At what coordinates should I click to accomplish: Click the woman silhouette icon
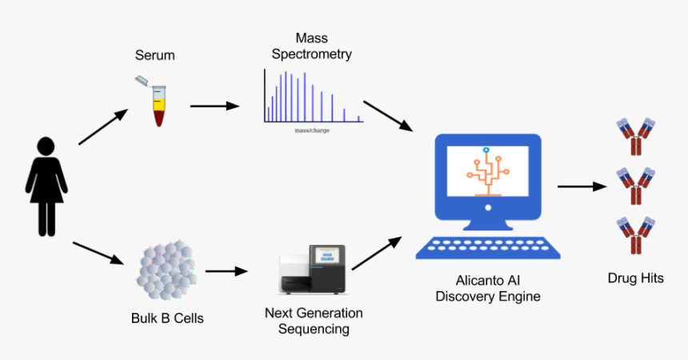[46, 186]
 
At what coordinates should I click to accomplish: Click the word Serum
[154, 55]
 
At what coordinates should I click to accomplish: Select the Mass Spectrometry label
[311, 46]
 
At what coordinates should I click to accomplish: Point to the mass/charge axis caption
[312, 130]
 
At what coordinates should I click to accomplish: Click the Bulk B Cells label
[167, 318]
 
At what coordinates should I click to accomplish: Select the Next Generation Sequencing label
[314, 320]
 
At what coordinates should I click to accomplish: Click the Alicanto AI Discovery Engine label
[487, 289]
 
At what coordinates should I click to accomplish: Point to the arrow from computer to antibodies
[581, 186]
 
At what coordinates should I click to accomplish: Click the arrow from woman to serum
[102, 127]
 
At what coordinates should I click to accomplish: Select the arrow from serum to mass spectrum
[214, 106]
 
